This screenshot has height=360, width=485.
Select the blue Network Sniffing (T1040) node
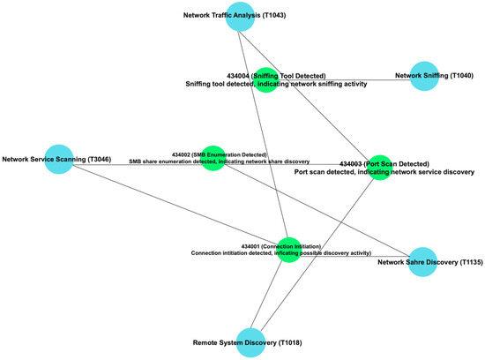[424, 76]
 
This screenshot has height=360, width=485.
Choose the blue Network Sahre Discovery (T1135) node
[424, 262]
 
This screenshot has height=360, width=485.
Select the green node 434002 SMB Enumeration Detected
[213, 158]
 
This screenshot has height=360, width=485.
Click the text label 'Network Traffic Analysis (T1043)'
[234, 16]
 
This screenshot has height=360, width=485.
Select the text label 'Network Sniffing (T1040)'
[435, 76]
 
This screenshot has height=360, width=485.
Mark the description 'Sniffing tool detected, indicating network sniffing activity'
[276, 85]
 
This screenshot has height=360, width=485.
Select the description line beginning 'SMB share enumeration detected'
[219, 162]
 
